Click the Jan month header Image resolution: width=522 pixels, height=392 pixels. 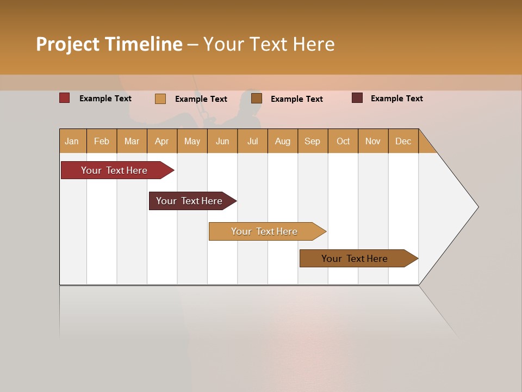tap(72, 141)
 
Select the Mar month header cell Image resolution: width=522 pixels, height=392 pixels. tap(132, 141)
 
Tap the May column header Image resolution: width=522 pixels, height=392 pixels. tap(192, 141)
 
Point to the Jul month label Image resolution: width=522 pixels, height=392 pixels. tap(252, 141)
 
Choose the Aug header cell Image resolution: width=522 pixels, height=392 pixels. tap(283, 141)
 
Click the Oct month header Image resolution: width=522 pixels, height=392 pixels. tap(343, 141)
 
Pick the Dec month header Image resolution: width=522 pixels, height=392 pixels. tap(403, 141)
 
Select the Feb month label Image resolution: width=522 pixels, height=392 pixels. tap(102, 141)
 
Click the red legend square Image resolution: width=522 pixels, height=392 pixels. tap(64, 98)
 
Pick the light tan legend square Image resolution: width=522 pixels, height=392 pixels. tap(160, 99)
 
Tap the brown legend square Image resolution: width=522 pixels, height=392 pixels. tap(257, 98)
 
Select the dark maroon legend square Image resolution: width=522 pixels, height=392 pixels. tap(357, 98)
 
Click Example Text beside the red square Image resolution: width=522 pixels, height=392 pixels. tap(105, 99)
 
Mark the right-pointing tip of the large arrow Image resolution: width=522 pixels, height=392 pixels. tap(477, 207)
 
